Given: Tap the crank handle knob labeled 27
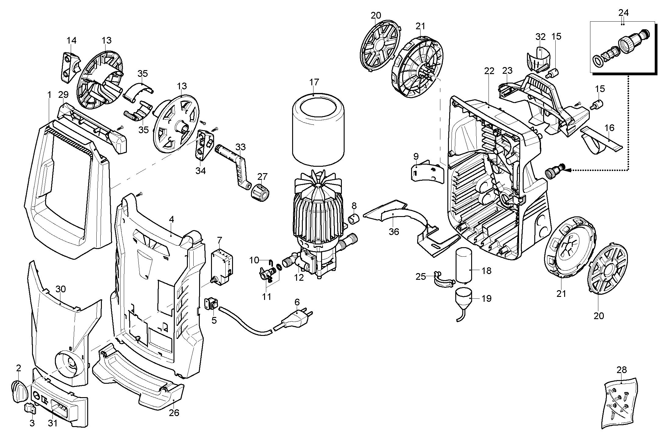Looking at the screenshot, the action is point(261,192).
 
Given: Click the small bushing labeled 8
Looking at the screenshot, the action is point(354,218).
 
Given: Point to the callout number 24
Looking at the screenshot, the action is point(624,12).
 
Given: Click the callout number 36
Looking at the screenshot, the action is point(394,232).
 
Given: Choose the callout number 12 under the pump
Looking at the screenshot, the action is point(299,278).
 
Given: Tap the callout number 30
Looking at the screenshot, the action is point(60,289).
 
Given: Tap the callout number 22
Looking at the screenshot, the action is point(489,71).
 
